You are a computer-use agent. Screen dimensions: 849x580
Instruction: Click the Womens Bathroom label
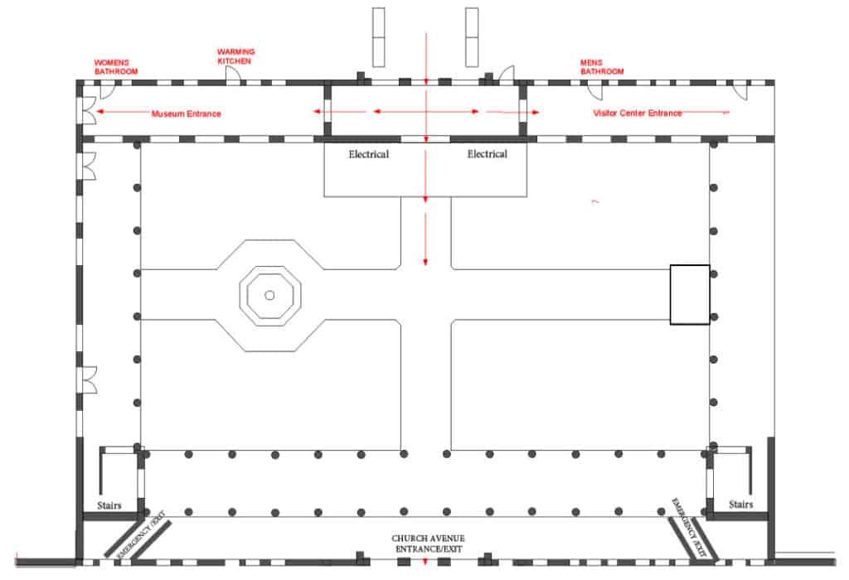(x=116, y=67)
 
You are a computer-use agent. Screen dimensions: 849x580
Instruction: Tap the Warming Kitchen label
(x=235, y=56)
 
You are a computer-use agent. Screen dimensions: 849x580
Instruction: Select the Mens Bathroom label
(x=602, y=67)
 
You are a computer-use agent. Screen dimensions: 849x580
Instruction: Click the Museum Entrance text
(x=186, y=114)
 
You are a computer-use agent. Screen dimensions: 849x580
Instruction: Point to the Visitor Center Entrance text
(x=638, y=113)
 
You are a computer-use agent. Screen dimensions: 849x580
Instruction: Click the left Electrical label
(x=369, y=154)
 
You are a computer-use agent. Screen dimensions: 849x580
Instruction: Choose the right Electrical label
(x=488, y=153)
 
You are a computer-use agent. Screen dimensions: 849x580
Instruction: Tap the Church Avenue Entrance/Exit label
(x=428, y=544)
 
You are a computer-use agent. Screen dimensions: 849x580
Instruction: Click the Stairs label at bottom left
(x=109, y=505)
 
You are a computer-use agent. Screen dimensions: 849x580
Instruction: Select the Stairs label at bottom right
(x=740, y=505)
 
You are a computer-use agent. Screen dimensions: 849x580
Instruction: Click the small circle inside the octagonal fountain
(x=269, y=296)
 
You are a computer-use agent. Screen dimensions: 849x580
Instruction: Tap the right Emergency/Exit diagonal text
(x=689, y=528)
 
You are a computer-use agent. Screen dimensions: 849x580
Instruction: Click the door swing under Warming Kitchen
(x=233, y=77)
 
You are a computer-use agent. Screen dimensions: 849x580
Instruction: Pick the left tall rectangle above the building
(x=378, y=37)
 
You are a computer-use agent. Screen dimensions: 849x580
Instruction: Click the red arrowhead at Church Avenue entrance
(x=425, y=562)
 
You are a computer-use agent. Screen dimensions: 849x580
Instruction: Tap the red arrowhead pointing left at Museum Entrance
(x=100, y=112)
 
